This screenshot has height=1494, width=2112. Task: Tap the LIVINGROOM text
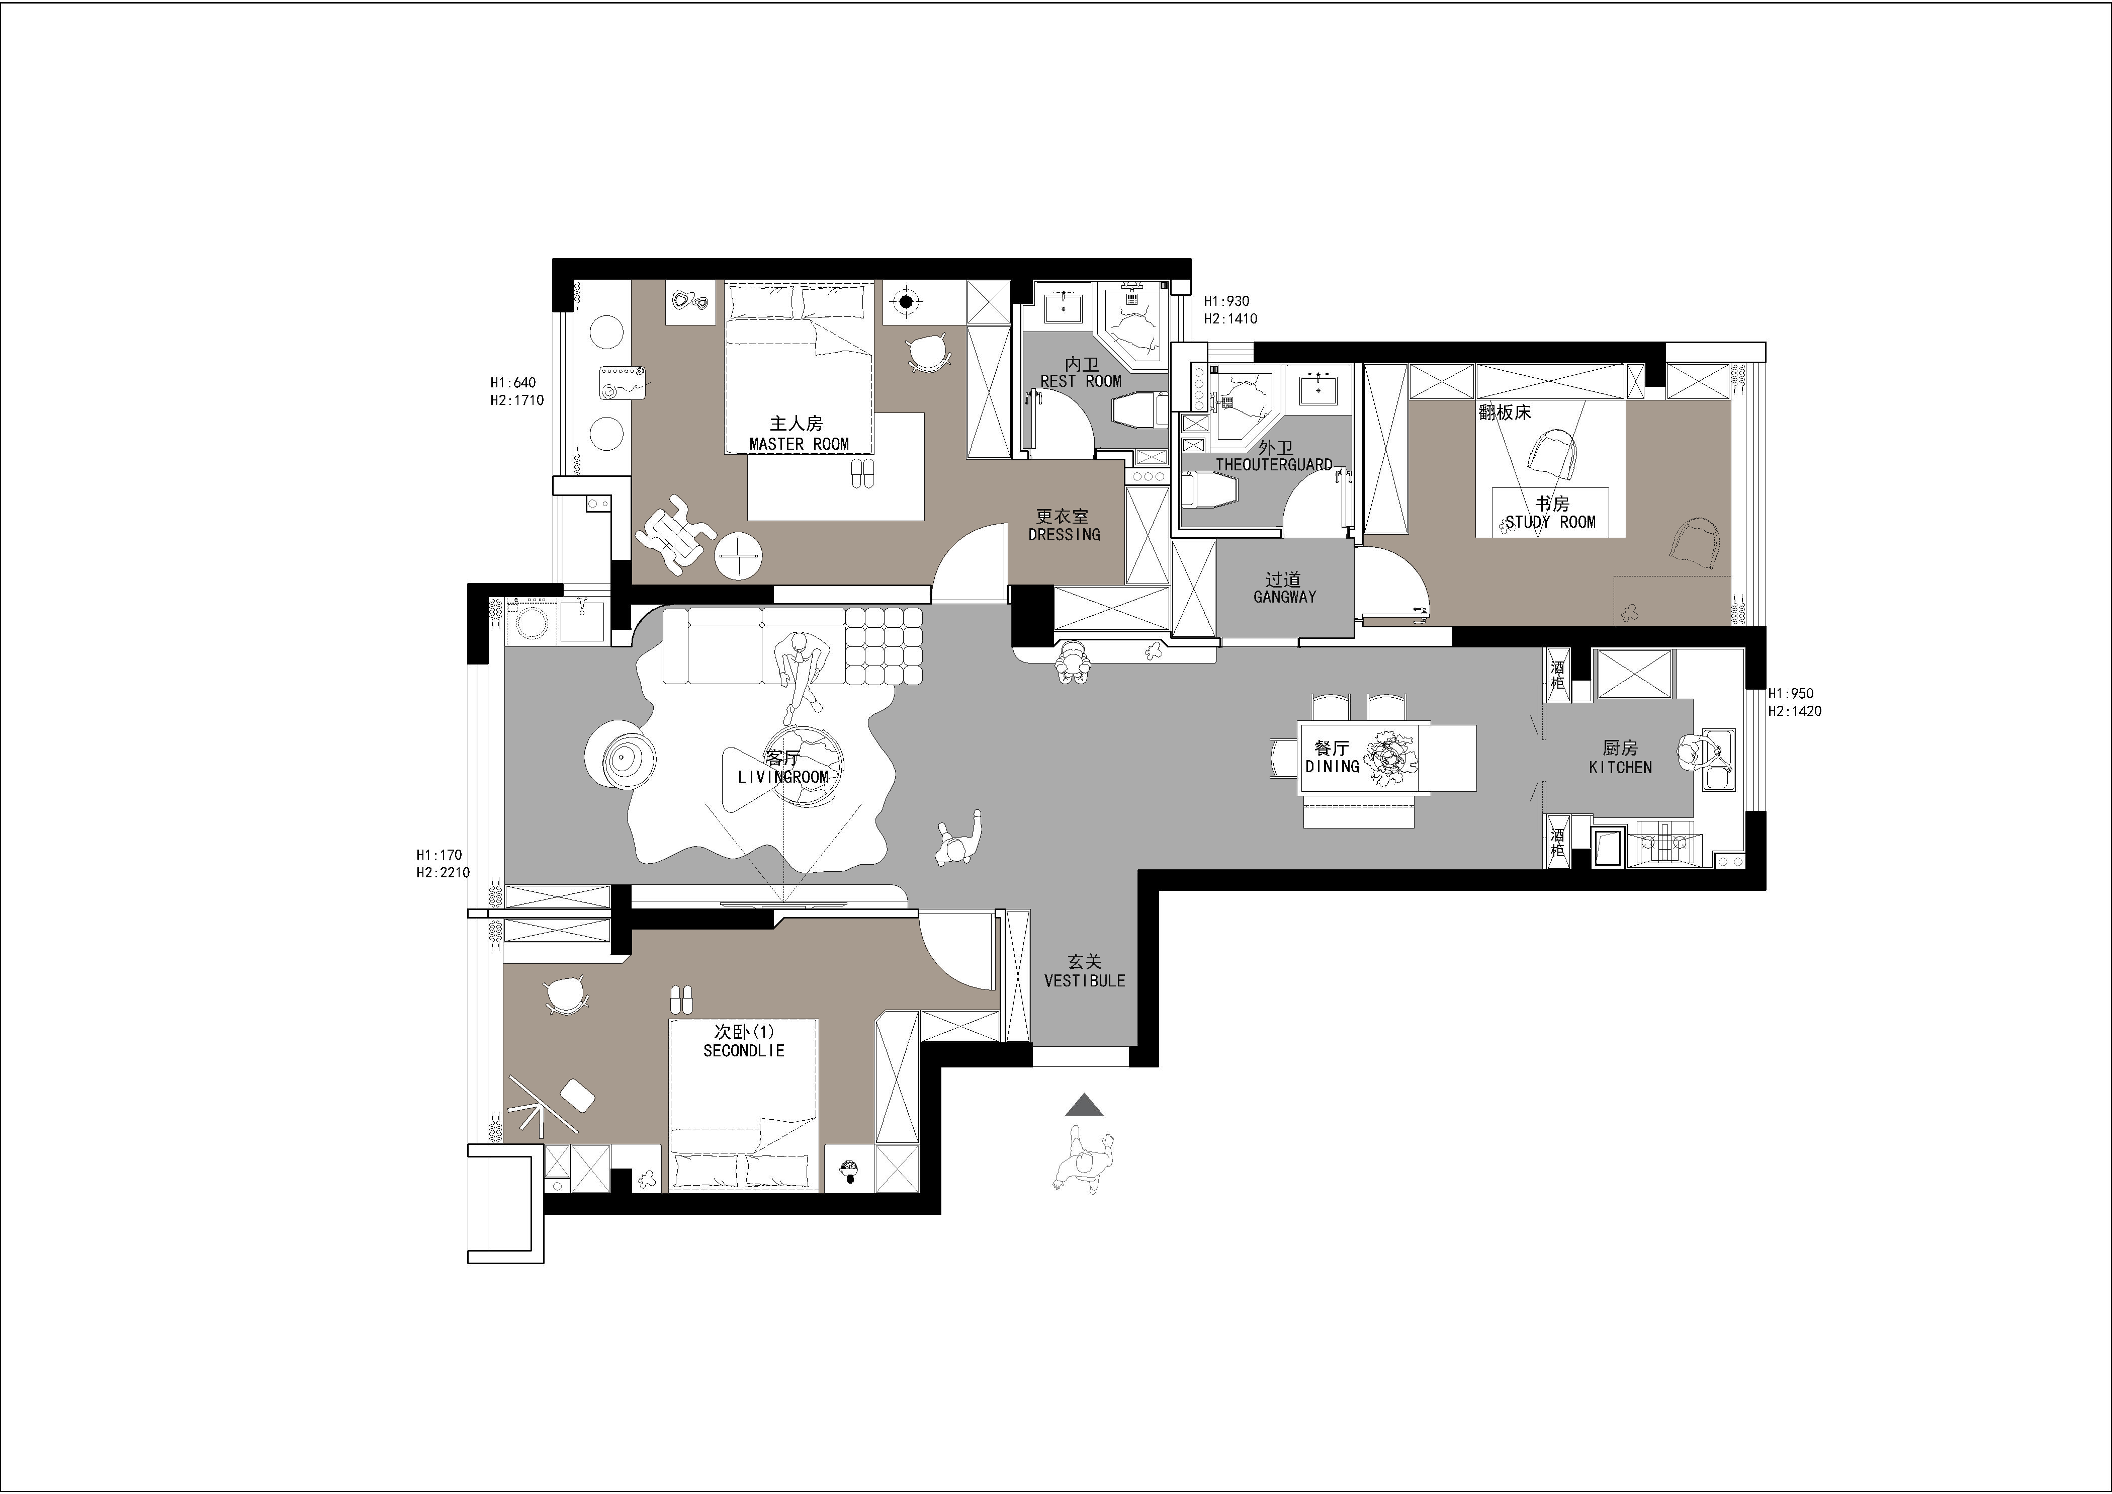click(783, 777)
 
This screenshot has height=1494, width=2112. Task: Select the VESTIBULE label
click(1085, 981)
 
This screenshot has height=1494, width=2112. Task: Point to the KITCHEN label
click(1620, 767)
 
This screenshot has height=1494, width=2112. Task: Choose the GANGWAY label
click(1284, 597)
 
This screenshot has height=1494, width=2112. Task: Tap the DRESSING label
click(1064, 535)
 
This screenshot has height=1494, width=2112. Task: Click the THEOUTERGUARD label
click(1274, 465)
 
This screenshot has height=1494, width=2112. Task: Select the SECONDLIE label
click(743, 1051)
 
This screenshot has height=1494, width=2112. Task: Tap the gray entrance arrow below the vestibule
click(1085, 1105)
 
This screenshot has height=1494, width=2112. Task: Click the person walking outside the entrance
click(1084, 1162)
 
